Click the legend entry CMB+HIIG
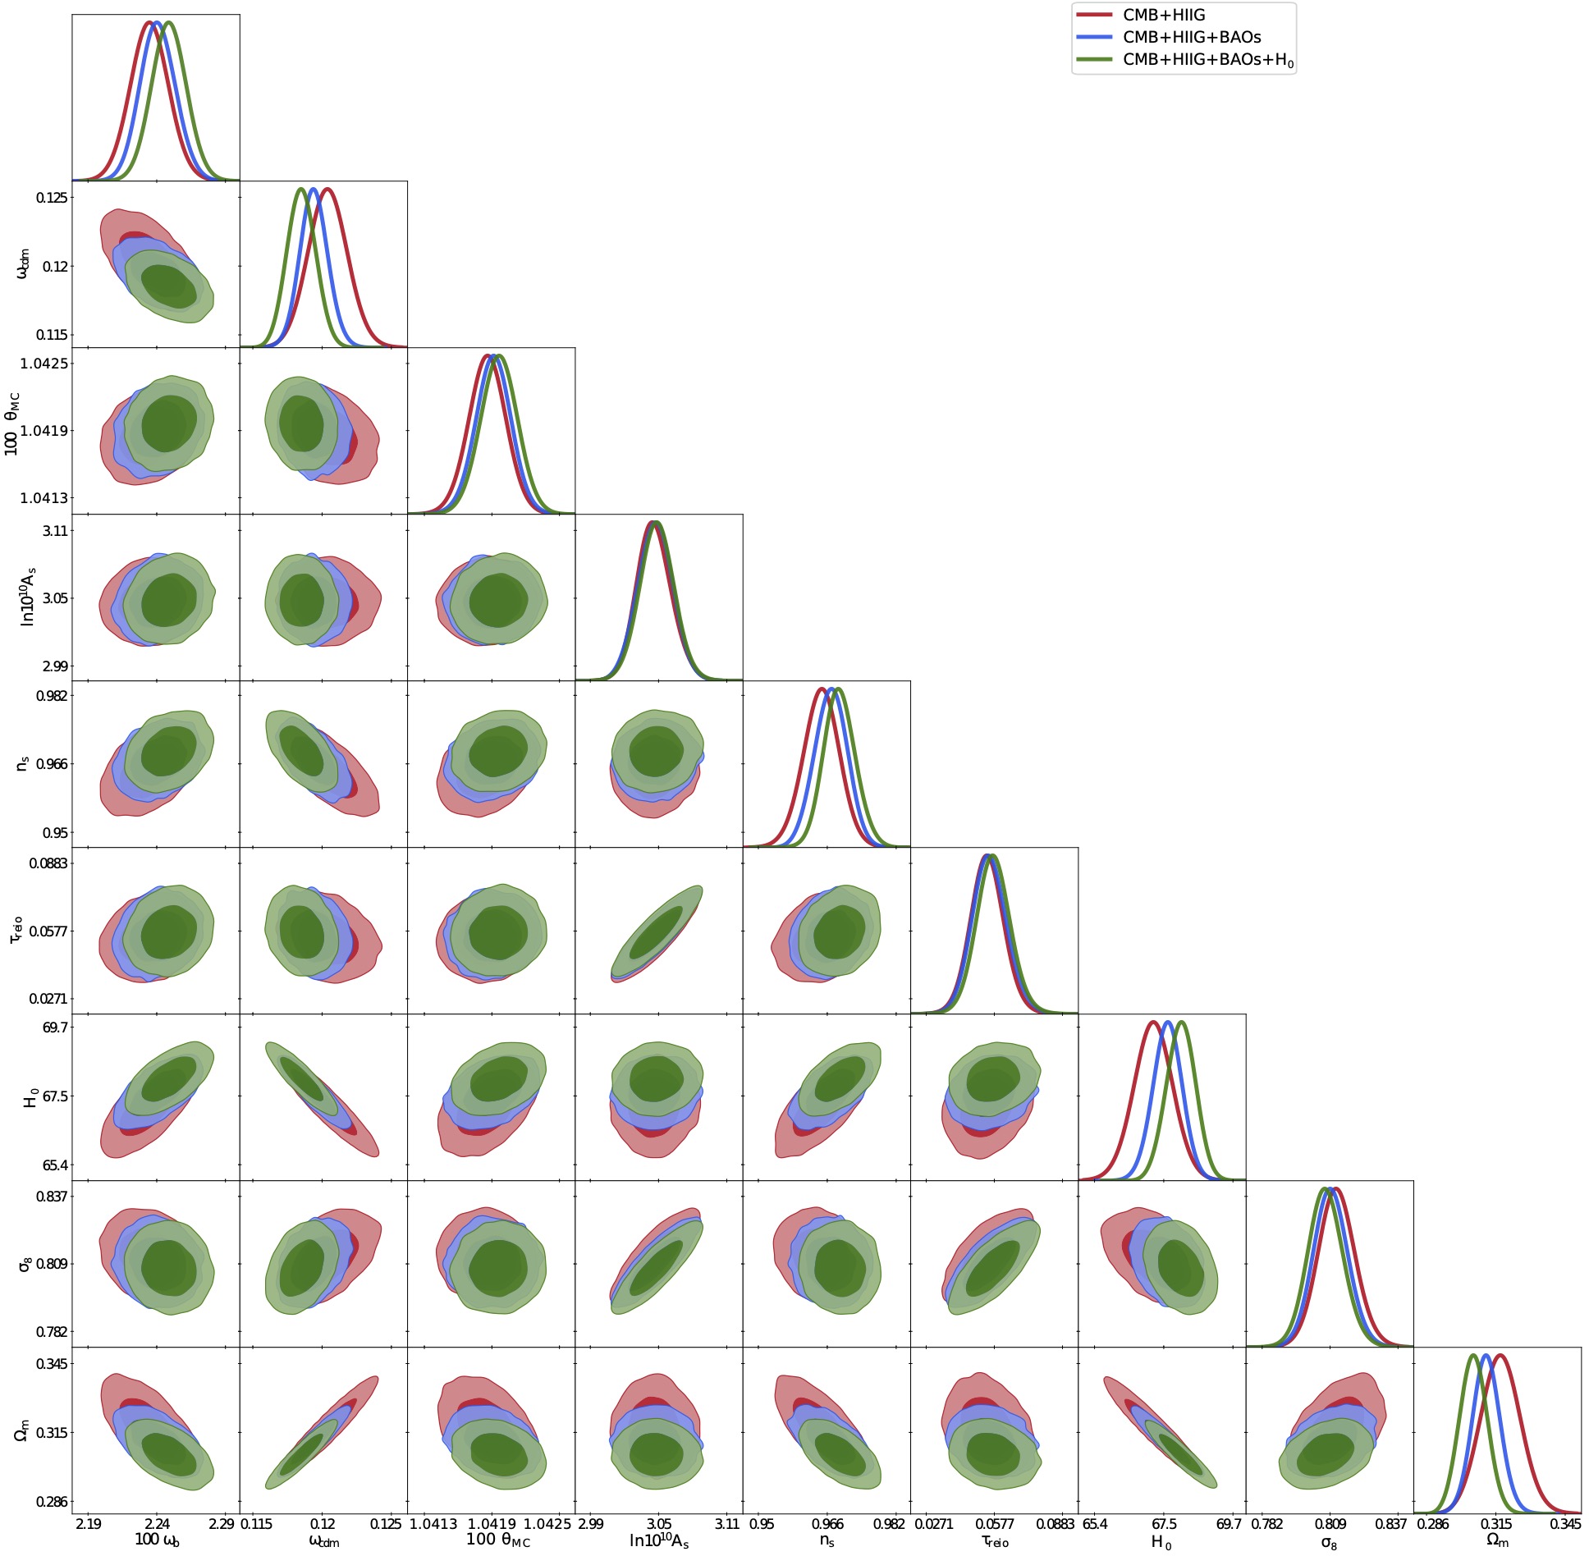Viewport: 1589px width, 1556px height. tap(1163, 15)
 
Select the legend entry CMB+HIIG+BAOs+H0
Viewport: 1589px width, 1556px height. tap(1207, 60)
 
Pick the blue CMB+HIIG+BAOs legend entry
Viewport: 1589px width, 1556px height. tap(1191, 37)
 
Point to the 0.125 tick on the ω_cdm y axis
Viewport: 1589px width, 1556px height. tap(53, 198)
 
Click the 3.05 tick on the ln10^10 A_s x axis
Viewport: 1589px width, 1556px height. tap(658, 1524)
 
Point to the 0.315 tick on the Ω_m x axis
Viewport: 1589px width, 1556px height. tap(1497, 1524)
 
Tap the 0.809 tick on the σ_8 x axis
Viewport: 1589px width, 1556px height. tap(1330, 1524)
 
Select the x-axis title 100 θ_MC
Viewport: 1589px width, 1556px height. tap(498, 1540)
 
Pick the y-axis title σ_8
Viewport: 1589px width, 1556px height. tap(25, 1264)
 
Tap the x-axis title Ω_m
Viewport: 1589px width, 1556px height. tap(1497, 1541)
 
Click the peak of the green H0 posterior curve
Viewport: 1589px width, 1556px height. tap(1182, 1023)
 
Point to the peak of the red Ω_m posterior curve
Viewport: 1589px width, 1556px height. tap(1501, 1356)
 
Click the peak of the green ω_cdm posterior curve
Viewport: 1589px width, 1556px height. tap(301, 190)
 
